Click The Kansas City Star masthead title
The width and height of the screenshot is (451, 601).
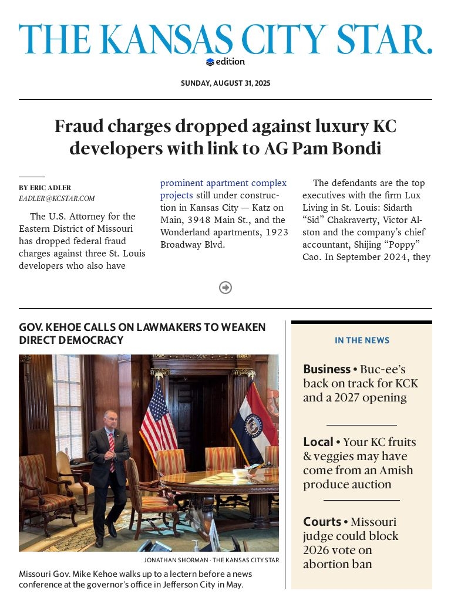(225, 40)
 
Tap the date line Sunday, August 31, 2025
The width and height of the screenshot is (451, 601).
(225, 83)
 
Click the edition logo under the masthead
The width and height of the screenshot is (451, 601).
(225, 62)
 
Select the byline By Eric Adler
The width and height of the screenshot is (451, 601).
(45, 188)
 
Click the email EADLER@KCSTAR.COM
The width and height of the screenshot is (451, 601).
(56, 198)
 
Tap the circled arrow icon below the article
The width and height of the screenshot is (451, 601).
(225, 288)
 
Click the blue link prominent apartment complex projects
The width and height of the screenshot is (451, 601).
(223, 189)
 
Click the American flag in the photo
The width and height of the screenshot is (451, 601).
(157, 420)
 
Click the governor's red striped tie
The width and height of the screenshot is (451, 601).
(112, 452)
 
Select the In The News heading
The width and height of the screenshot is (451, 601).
(362, 340)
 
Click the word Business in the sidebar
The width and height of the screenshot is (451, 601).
(327, 369)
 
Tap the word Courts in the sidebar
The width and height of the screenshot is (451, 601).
(322, 522)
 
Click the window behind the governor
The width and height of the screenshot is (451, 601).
(68, 405)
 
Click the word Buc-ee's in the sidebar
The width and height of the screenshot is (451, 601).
(383, 369)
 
